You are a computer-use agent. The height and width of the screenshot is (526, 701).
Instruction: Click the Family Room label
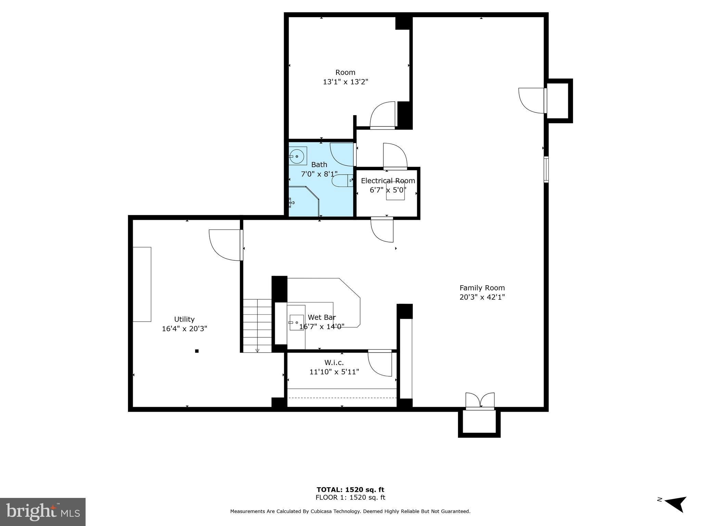pos(482,288)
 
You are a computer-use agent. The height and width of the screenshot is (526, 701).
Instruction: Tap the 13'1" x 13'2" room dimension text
pos(345,82)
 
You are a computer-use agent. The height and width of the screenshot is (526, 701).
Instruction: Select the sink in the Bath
pos(297,156)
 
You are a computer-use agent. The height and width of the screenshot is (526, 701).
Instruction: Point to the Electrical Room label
pos(388,181)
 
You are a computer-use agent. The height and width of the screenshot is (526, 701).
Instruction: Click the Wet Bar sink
pos(296,323)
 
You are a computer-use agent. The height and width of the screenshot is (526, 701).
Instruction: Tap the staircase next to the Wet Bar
pos(257,325)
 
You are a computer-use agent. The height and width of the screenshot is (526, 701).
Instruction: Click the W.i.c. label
pos(334,362)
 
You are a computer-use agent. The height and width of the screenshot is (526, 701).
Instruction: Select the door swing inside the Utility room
pos(224,244)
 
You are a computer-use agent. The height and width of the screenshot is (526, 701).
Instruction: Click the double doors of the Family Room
pos(480,401)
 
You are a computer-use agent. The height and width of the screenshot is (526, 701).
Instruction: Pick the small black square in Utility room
pos(197,351)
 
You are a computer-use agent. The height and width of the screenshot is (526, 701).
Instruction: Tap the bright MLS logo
pos(42,512)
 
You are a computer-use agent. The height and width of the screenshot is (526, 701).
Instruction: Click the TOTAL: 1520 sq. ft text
pos(350,490)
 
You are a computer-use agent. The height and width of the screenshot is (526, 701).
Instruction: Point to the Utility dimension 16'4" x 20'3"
pos(184,329)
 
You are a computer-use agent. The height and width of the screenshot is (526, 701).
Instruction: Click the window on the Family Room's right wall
pos(546,170)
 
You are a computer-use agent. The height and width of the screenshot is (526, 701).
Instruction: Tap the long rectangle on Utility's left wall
pos(142,284)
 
